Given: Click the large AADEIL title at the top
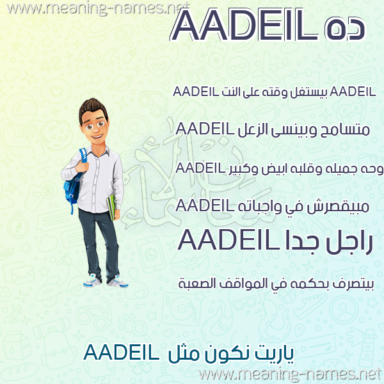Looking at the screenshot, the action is pos(244,25).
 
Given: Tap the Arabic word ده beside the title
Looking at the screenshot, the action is pos(345,28).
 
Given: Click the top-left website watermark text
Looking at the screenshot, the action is pos(98,8).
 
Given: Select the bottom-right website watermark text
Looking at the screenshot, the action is pos(291,374).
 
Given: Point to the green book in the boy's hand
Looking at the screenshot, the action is pos(111,207).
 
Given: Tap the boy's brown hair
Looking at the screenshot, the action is pos(93,109).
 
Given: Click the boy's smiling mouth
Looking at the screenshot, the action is pos(97,136).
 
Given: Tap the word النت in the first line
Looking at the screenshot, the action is pos(230,92).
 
